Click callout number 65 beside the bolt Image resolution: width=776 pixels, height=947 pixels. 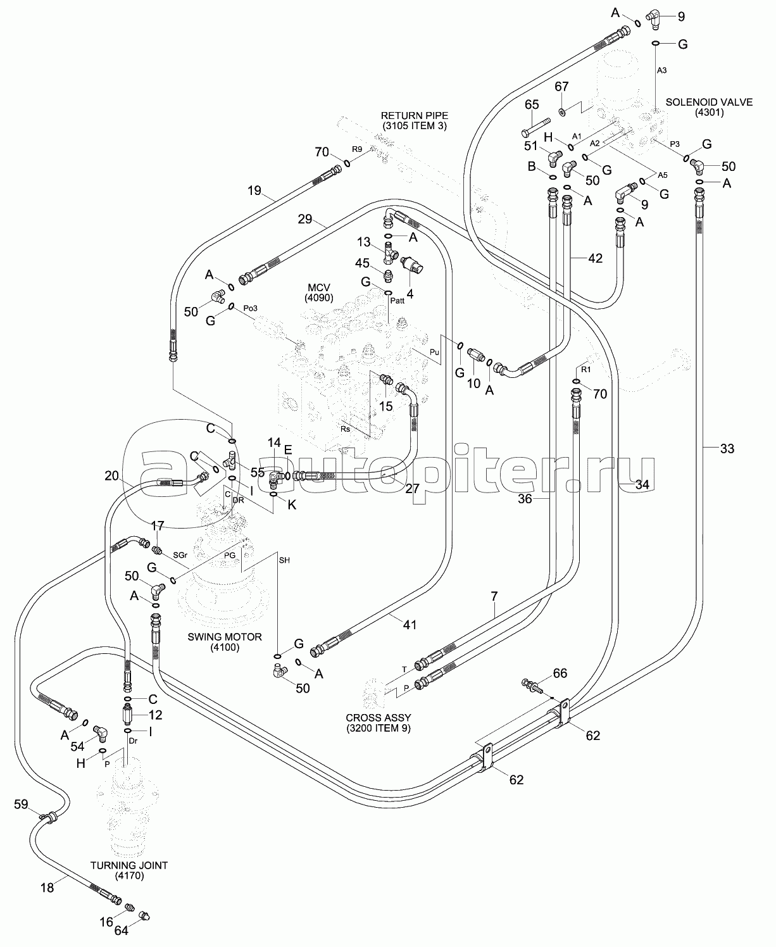[x=531, y=104]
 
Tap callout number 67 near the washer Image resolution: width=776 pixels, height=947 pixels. [x=562, y=86]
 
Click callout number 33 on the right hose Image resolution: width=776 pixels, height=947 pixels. [x=727, y=449]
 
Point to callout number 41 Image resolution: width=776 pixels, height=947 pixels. [x=410, y=625]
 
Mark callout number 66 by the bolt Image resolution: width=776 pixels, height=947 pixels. [x=560, y=673]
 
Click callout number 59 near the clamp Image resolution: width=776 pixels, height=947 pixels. [x=22, y=805]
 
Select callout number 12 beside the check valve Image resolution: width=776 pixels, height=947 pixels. [x=154, y=715]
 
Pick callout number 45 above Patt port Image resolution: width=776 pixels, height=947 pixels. [x=362, y=263]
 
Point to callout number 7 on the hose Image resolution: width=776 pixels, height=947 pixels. [x=494, y=596]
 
